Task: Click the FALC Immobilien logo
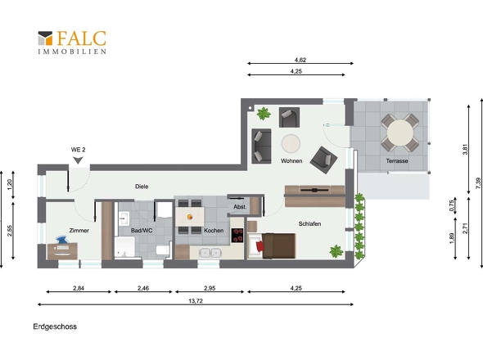click(72, 43)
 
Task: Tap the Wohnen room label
click(291, 160)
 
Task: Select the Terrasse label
click(397, 160)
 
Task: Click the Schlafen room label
click(309, 223)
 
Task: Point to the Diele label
click(142, 187)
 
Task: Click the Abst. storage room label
click(240, 207)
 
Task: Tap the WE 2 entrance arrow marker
click(78, 160)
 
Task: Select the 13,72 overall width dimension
click(196, 301)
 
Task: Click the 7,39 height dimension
click(478, 183)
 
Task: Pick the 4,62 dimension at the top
click(300, 60)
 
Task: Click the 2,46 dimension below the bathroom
click(143, 288)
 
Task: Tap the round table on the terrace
click(399, 133)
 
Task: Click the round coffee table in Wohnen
click(291, 143)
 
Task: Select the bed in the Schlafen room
click(272, 245)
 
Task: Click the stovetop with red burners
click(237, 235)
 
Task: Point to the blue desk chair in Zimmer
click(62, 240)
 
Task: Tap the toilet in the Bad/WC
click(163, 250)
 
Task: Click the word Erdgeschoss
click(55, 326)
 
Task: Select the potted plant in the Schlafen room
click(336, 251)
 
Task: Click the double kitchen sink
click(210, 253)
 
